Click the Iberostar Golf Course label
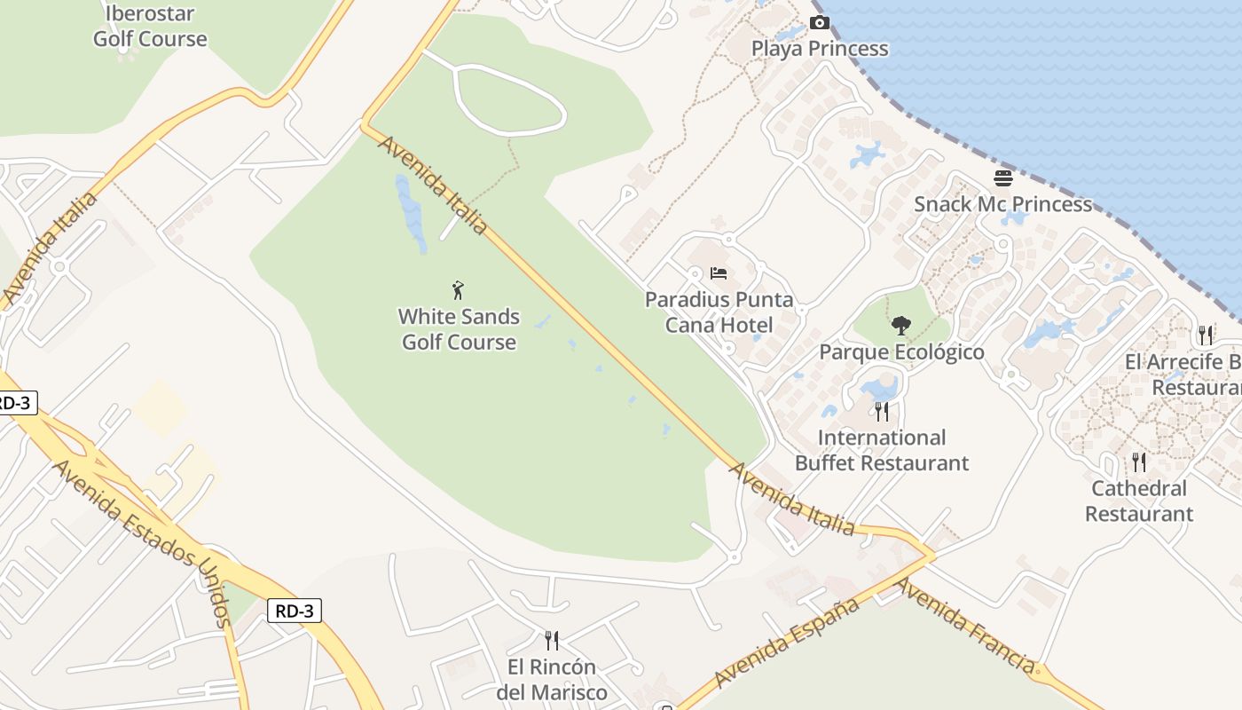(x=150, y=26)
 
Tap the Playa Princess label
(x=820, y=48)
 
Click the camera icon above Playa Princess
(x=820, y=22)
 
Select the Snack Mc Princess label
(x=1003, y=203)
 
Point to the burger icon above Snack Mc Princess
(x=1003, y=178)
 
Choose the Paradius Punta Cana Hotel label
(x=719, y=312)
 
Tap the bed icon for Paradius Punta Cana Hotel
(x=719, y=272)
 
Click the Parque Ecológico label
(x=901, y=351)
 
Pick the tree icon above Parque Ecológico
(x=901, y=325)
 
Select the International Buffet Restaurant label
(x=882, y=450)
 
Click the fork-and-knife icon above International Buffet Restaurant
(x=882, y=411)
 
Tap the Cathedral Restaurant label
(x=1139, y=501)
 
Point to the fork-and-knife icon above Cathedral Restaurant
(x=1139, y=461)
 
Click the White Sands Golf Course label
(x=459, y=329)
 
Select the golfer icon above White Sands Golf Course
(x=458, y=289)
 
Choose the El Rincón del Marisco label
(x=552, y=679)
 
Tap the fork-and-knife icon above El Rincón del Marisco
(x=552, y=640)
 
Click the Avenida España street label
(x=786, y=642)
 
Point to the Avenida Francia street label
(x=965, y=625)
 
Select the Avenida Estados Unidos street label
(x=143, y=541)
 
